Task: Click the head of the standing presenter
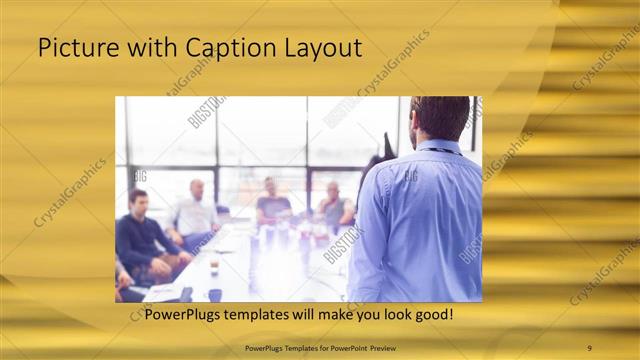(x=441, y=117)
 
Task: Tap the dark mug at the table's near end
(x=215, y=295)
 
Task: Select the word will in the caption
(x=305, y=314)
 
